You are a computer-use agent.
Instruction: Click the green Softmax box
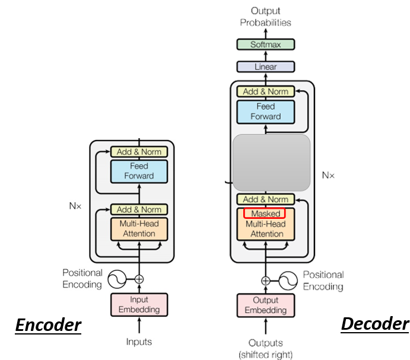point(266,44)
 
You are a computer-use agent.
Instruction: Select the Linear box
point(266,66)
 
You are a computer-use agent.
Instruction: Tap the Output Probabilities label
point(265,17)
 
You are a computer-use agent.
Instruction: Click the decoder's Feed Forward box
point(266,112)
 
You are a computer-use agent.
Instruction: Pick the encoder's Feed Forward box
point(139,171)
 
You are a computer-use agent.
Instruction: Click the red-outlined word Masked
point(265,214)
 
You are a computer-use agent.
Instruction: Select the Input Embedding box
point(139,305)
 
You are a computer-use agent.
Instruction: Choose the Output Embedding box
point(266,305)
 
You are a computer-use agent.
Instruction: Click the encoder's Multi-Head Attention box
point(139,229)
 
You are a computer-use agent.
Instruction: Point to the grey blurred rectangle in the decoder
point(271,163)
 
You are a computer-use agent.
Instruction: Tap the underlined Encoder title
point(48,325)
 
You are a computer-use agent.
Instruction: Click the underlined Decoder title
point(375,324)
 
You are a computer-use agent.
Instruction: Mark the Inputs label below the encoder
point(139,342)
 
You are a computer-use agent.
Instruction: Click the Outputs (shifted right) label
point(266,349)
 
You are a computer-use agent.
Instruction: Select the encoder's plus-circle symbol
point(139,279)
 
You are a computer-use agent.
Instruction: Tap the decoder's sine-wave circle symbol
point(288,281)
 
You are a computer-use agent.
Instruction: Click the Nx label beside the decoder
point(328,175)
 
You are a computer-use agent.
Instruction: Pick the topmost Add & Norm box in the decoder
point(266,91)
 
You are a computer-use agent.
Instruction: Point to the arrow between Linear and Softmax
point(266,56)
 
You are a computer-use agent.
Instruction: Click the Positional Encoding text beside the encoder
point(82,278)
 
